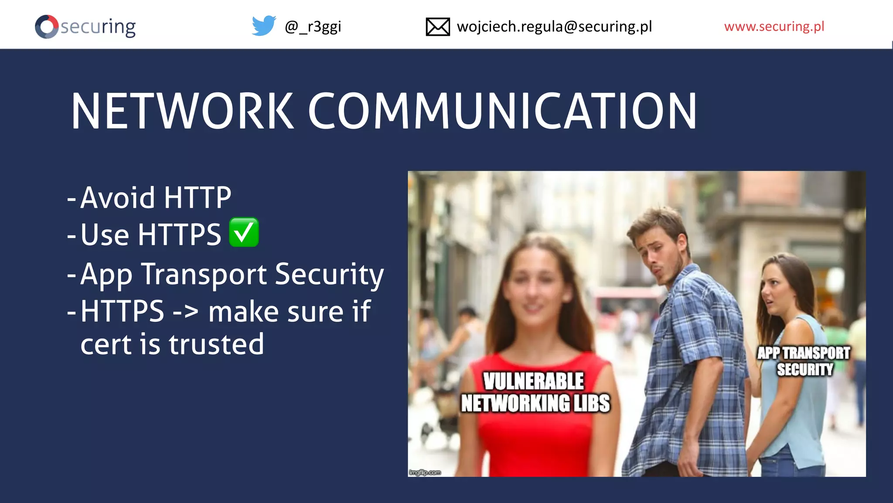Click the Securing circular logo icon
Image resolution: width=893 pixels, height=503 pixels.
(x=47, y=27)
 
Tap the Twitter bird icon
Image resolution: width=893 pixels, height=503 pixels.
(x=264, y=26)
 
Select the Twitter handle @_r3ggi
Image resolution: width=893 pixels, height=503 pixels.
(x=313, y=27)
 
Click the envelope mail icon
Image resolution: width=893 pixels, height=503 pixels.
(x=437, y=27)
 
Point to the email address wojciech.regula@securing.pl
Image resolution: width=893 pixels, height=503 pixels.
(x=554, y=27)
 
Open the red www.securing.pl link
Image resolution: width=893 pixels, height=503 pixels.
(x=774, y=27)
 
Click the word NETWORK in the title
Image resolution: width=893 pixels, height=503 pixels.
(x=183, y=111)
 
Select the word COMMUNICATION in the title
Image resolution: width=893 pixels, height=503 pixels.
(x=502, y=111)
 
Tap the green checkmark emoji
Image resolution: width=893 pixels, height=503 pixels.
(x=244, y=232)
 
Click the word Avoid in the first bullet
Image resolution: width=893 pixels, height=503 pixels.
(x=118, y=198)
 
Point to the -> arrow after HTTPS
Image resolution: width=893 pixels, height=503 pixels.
(x=186, y=312)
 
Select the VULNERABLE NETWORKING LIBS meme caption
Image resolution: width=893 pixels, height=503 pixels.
(x=535, y=392)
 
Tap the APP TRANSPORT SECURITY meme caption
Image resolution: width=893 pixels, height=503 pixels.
(x=804, y=361)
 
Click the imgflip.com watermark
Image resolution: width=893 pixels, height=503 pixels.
(x=425, y=472)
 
